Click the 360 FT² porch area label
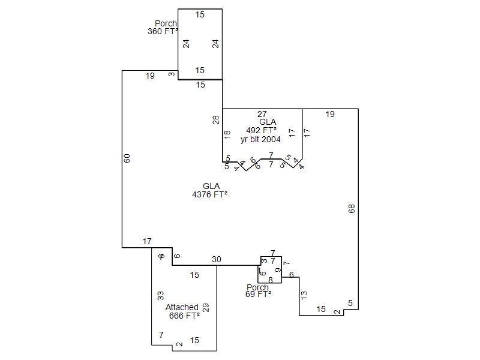pyautogui.click(x=163, y=32)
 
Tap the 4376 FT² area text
pyautogui.click(x=209, y=194)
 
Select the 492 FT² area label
pyautogui.click(x=262, y=130)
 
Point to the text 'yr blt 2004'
pyautogui.click(x=260, y=139)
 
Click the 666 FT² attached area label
pyautogui.click(x=184, y=316)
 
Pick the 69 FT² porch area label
pyautogui.click(x=258, y=294)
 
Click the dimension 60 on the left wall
pyautogui.click(x=127, y=158)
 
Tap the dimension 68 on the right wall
pyautogui.click(x=352, y=209)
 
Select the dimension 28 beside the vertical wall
pyautogui.click(x=216, y=119)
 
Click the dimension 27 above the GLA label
pyautogui.click(x=262, y=114)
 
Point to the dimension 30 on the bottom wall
pyautogui.click(x=217, y=259)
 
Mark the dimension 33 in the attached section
pyautogui.click(x=161, y=295)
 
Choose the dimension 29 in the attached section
pyautogui.click(x=206, y=307)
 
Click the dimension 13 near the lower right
pyautogui.click(x=304, y=295)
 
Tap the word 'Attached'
pyautogui.click(x=182, y=307)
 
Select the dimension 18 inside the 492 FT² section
pyautogui.click(x=227, y=134)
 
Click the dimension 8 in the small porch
pyautogui.click(x=271, y=280)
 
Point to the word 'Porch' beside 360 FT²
pyautogui.click(x=166, y=24)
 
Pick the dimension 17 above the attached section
pyautogui.click(x=147, y=242)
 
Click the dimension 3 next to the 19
pyautogui.click(x=172, y=74)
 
